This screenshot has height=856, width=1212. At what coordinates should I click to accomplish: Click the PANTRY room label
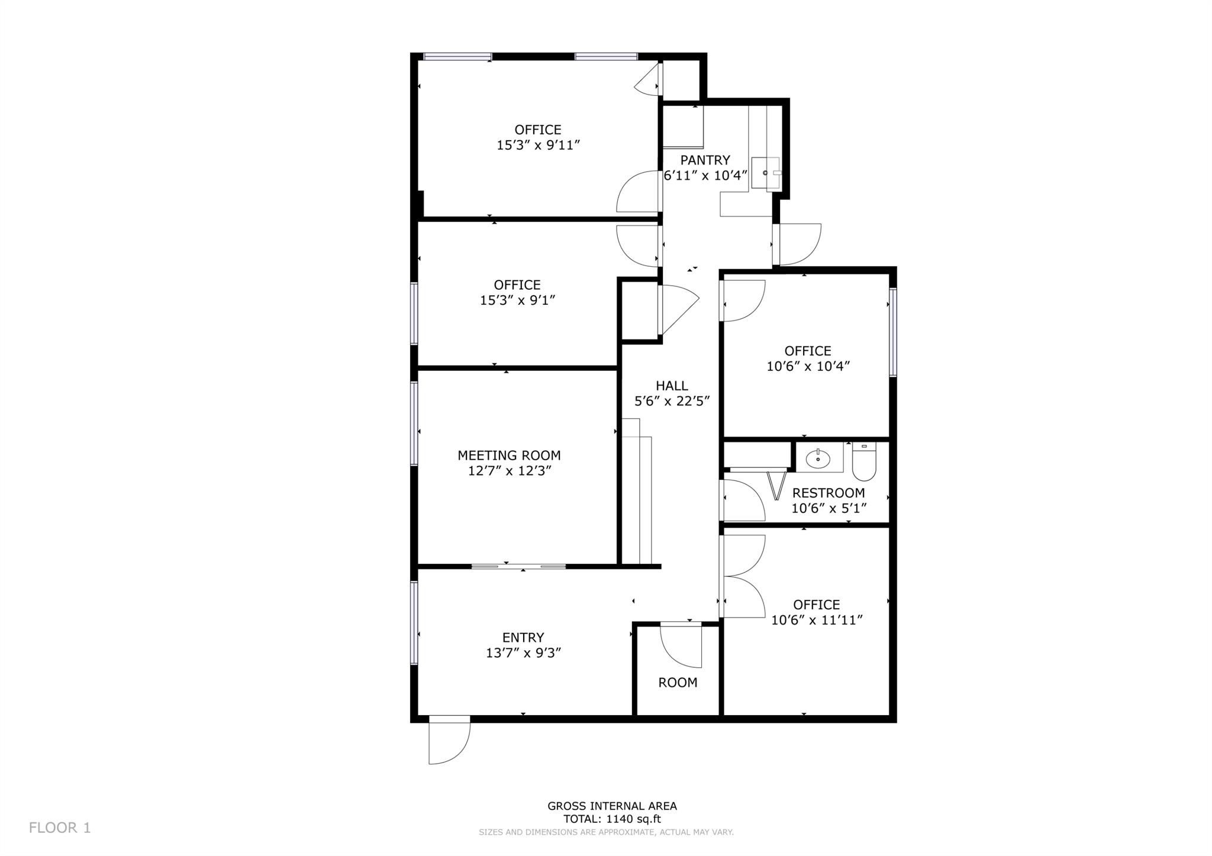[x=705, y=160]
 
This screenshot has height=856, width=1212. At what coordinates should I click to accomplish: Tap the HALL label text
[x=672, y=386]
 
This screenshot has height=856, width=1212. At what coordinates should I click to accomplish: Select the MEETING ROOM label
[x=509, y=456]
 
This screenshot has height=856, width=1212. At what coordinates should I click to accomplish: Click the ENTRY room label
[x=523, y=638]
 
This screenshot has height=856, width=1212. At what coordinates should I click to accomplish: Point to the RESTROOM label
[x=829, y=493]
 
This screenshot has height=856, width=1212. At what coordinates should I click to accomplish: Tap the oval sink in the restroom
[x=818, y=458]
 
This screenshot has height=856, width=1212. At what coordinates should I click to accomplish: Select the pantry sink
[x=766, y=173]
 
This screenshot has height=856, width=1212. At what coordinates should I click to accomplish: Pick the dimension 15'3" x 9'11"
[x=538, y=146]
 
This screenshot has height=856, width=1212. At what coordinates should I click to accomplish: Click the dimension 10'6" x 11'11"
[x=817, y=621]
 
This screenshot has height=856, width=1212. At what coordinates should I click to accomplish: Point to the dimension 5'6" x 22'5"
[x=672, y=402]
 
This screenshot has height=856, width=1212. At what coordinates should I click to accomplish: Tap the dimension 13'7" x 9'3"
[x=523, y=653]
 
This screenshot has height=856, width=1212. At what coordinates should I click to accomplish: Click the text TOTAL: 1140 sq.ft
[x=612, y=819]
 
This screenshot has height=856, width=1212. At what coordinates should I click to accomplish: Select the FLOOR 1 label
[x=60, y=828]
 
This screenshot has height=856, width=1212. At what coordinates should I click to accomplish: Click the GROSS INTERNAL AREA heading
[x=612, y=806]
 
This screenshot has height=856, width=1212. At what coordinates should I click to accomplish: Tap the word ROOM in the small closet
[x=678, y=683]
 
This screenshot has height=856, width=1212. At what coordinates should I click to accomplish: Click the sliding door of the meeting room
[x=518, y=567]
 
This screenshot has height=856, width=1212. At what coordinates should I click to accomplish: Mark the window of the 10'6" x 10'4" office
[x=893, y=332]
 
